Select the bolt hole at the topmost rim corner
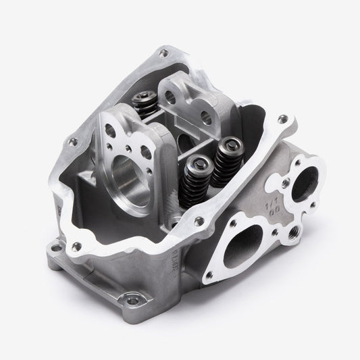tap(163, 52)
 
